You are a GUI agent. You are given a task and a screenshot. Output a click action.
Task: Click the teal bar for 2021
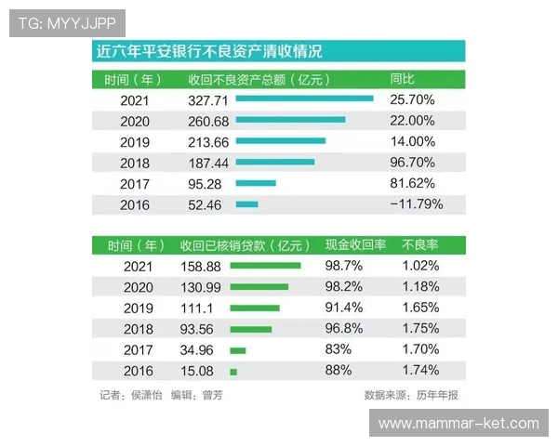[304, 98]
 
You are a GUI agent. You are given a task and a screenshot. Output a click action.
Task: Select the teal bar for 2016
[246, 204]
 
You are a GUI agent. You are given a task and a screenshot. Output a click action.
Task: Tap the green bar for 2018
[250, 329]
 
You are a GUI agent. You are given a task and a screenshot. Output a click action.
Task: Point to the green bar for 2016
[233, 372]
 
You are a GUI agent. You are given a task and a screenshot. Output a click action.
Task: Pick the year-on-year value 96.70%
[413, 163]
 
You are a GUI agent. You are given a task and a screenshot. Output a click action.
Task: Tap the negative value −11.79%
[416, 204]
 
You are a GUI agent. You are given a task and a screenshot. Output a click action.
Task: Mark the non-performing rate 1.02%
[420, 266]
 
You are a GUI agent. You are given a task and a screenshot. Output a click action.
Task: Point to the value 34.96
[194, 350]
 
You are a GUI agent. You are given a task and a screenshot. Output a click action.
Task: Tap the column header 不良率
[419, 245]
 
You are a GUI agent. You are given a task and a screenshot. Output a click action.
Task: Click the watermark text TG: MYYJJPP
[66, 22]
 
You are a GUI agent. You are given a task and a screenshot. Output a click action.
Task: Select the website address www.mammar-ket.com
[458, 424]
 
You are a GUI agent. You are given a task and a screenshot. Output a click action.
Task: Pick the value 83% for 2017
[338, 350]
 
